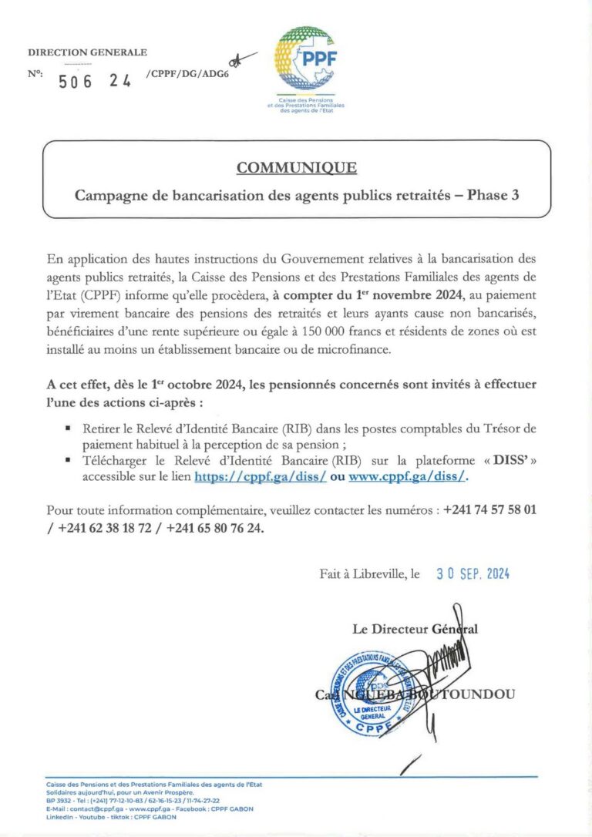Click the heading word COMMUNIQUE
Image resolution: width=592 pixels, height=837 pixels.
point(296,167)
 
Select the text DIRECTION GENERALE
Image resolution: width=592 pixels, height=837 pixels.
point(87,52)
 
